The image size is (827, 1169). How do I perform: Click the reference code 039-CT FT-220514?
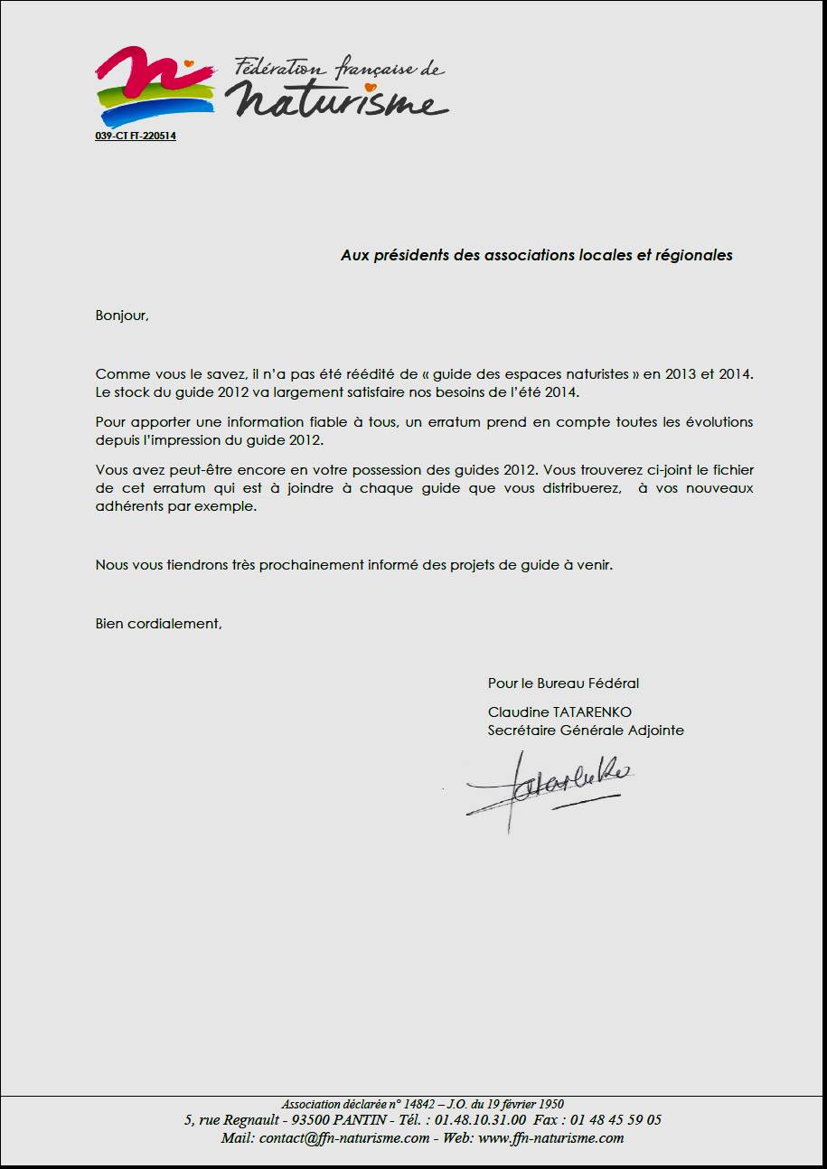pos(136,137)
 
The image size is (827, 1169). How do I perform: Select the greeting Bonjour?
pos(121,316)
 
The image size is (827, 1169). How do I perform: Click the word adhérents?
pos(127,507)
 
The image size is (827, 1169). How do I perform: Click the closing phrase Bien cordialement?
pos(158,624)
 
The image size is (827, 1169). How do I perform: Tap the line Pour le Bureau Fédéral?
pos(563,683)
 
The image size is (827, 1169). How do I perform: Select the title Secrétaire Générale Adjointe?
pos(586,731)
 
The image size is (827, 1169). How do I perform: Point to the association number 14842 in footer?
pos(420,1104)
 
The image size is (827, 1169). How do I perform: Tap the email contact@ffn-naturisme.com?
pos(344,1138)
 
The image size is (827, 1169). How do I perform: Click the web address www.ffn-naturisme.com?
pos(550,1138)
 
